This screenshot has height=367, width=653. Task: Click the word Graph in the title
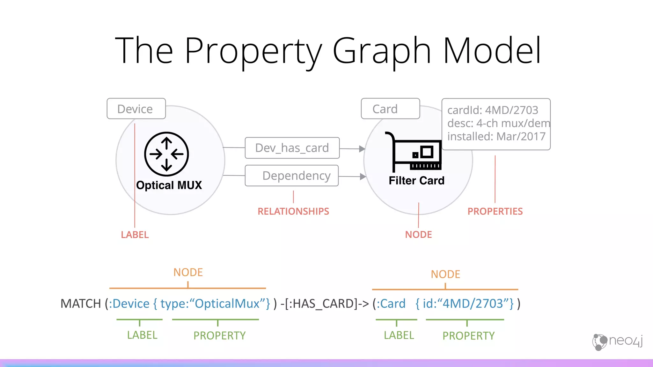(x=382, y=51)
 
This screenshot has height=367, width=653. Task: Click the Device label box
(x=136, y=109)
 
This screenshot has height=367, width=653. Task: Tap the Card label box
(x=390, y=109)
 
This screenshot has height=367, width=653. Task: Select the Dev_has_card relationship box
(x=292, y=148)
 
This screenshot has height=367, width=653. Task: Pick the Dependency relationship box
(x=292, y=176)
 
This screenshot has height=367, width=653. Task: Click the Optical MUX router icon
(x=166, y=154)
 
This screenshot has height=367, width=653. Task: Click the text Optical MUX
(x=169, y=185)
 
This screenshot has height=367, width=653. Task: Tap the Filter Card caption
(x=416, y=181)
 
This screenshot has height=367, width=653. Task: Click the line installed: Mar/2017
(x=496, y=136)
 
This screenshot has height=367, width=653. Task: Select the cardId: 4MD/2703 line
(x=493, y=110)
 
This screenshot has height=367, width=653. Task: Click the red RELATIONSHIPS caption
(x=293, y=211)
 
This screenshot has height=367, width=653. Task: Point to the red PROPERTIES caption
(x=495, y=211)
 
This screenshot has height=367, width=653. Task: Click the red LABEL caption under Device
(x=135, y=235)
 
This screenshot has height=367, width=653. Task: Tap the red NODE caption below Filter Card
(x=418, y=235)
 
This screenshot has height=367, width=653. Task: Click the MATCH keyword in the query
(x=81, y=304)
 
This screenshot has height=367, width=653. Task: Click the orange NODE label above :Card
(x=445, y=274)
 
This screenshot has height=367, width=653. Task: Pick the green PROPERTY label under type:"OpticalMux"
(x=219, y=335)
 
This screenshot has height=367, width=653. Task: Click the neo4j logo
(x=618, y=342)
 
